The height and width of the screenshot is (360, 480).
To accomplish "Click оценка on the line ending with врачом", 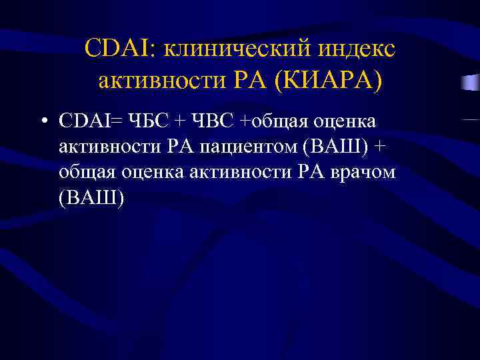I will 157,172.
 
